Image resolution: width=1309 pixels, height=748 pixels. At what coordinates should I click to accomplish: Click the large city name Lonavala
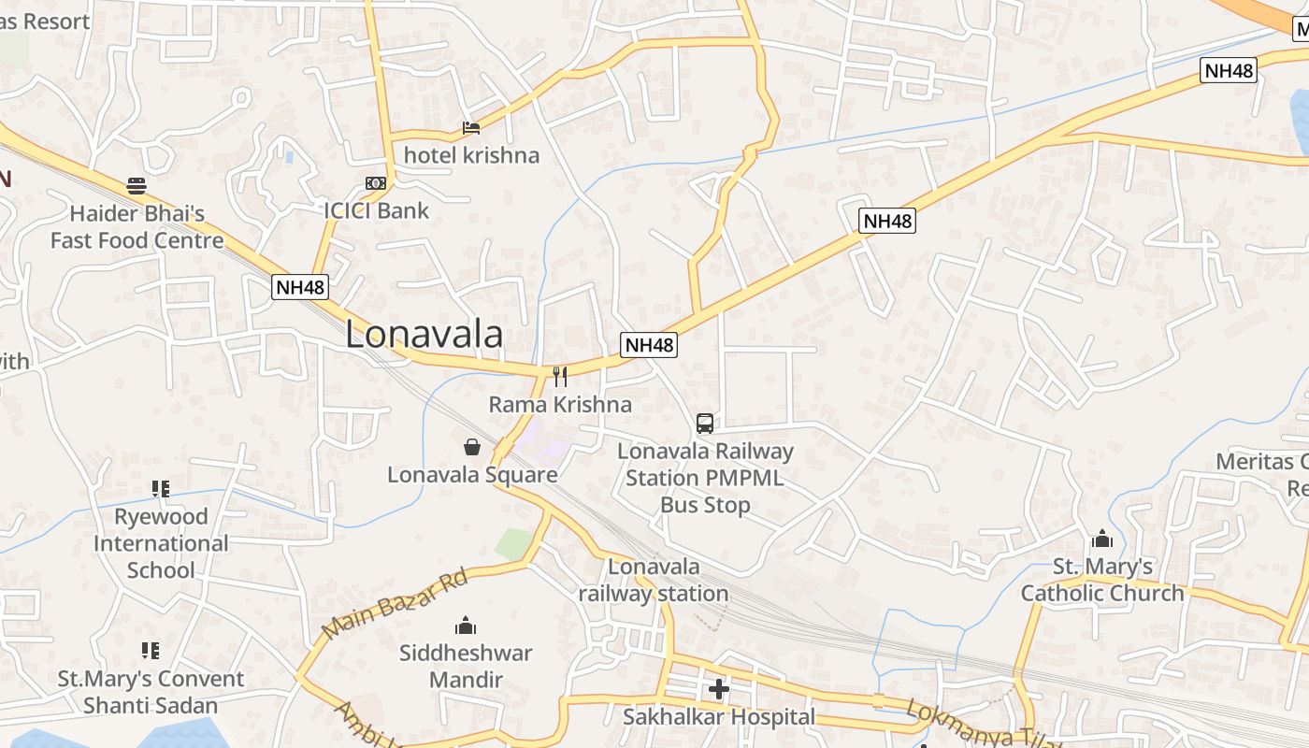coord(424,335)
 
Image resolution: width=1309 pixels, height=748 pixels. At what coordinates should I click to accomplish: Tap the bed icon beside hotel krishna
coord(471,128)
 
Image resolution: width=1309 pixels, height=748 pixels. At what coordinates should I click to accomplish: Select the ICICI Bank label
coord(376,210)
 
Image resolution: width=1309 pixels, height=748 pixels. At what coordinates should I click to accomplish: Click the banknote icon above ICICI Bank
coord(375,183)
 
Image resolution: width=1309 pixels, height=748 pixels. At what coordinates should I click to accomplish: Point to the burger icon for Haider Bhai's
coord(137,185)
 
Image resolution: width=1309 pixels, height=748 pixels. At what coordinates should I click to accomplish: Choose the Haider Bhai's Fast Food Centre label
coord(137,227)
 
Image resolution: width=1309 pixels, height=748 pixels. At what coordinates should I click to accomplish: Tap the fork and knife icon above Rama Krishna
coord(560,377)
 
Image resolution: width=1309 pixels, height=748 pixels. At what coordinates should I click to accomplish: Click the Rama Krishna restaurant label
coord(560,405)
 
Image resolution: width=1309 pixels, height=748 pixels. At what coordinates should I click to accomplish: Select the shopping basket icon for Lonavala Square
coord(472,447)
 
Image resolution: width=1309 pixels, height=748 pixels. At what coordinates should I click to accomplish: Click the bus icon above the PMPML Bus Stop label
coord(705,424)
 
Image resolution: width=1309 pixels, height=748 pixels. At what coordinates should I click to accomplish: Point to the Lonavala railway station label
coord(654,580)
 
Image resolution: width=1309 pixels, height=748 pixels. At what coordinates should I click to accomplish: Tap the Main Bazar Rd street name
coord(394,605)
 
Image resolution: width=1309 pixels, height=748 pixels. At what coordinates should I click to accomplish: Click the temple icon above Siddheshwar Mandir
coord(465,626)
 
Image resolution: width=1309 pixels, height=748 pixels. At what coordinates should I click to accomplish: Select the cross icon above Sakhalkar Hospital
coord(718,690)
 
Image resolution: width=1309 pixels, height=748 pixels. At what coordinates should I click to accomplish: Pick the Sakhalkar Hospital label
coord(719,717)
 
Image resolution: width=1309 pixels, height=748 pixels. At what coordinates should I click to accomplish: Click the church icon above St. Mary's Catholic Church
coord(1101,539)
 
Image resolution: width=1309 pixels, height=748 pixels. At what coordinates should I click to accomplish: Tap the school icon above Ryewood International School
coord(160,489)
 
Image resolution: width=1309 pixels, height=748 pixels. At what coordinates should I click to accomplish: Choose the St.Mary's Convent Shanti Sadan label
coord(151,692)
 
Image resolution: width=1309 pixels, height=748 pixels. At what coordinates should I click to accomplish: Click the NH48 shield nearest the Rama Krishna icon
coord(648,345)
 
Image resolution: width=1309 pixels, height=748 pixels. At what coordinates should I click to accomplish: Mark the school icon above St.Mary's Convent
coord(150,650)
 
